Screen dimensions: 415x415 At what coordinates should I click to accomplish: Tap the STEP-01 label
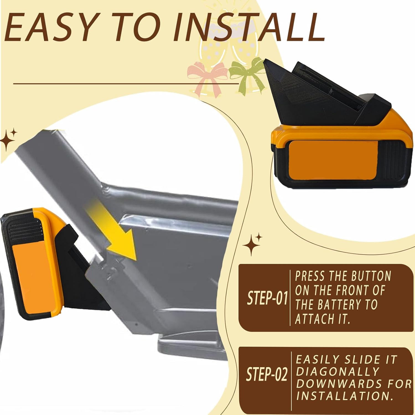[x=267, y=298]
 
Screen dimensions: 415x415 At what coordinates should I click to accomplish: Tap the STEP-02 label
[x=266, y=374]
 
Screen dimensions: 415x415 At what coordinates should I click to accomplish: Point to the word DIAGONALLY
[x=337, y=372]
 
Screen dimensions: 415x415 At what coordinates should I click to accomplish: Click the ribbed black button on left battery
[x=23, y=229]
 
